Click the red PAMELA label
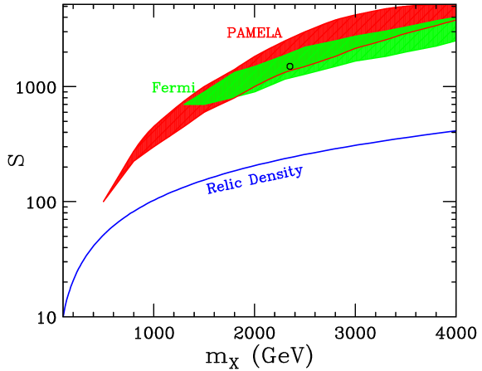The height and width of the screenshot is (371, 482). click(x=254, y=33)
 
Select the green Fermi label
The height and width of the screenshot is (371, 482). click(x=173, y=87)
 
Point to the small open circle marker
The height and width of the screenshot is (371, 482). click(x=290, y=66)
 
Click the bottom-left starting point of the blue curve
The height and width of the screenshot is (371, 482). click(x=64, y=315)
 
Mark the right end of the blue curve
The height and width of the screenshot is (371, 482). click(x=455, y=131)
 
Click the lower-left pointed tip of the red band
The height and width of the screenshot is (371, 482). click(x=104, y=201)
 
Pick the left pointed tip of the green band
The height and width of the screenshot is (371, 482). click(x=183, y=105)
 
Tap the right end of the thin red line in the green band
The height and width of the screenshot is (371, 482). click(x=455, y=21)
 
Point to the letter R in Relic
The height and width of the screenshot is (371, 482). click(x=211, y=189)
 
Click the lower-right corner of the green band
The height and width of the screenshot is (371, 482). click(x=455, y=41)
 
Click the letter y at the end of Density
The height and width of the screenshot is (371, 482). click(x=299, y=171)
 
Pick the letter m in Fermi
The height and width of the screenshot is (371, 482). click(x=184, y=88)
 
